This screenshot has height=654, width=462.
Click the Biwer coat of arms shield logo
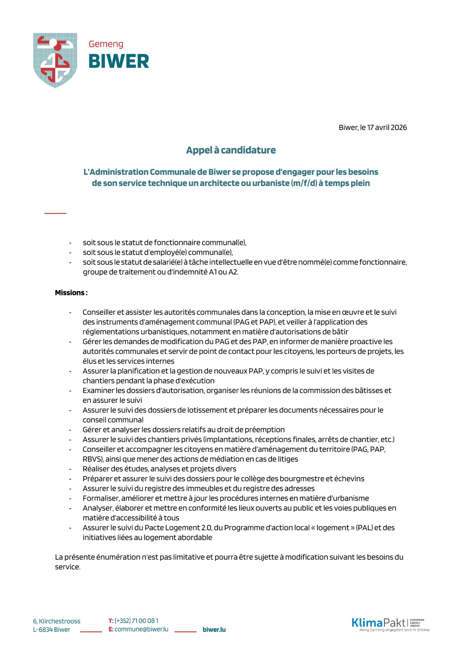coord(55,60)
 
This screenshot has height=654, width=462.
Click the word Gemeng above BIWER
coord(106,44)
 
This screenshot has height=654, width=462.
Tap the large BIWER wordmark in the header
coord(119,62)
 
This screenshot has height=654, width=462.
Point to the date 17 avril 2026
coord(387,127)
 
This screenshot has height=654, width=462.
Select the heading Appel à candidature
coord(231,150)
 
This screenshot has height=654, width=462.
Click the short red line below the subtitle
coord(55,213)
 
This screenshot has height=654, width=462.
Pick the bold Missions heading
coord(71,293)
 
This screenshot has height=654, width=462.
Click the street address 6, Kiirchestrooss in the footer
coord(57,621)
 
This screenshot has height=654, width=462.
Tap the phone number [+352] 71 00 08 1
coord(136,621)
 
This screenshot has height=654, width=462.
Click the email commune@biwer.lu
coord(141,629)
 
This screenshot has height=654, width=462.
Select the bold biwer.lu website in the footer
coord(214,629)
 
